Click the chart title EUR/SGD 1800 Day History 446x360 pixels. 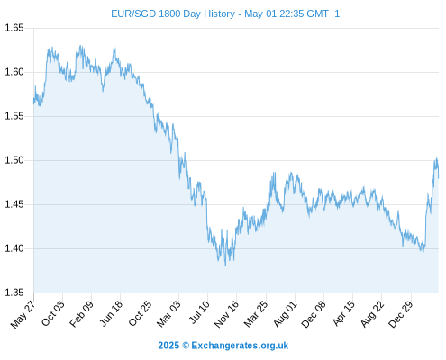click(x=173, y=13)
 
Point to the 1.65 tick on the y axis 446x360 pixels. click(x=14, y=28)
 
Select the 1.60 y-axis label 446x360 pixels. click(x=14, y=72)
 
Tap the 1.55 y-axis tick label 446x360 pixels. click(x=14, y=116)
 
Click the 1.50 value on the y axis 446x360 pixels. click(x=14, y=160)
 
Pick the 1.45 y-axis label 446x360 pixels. click(x=14, y=204)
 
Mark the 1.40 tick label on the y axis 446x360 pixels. click(x=14, y=248)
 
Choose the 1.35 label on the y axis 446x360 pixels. click(x=14, y=292)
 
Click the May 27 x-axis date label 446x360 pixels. click(x=23, y=314)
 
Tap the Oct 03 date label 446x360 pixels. click(x=53, y=313)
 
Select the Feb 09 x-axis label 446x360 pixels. click(x=81, y=313)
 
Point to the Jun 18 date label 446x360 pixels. click(x=111, y=313)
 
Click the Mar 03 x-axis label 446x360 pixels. click(x=168, y=313)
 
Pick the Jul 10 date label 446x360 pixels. click(x=199, y=312)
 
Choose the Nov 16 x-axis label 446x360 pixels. click(x=226, y=314)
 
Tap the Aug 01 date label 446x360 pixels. click(x=286, y=313)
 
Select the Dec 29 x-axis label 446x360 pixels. click(x=401, y=314)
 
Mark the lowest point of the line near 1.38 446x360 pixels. click(x=225, y=265)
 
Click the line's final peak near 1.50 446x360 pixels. click(x=436, y=158)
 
